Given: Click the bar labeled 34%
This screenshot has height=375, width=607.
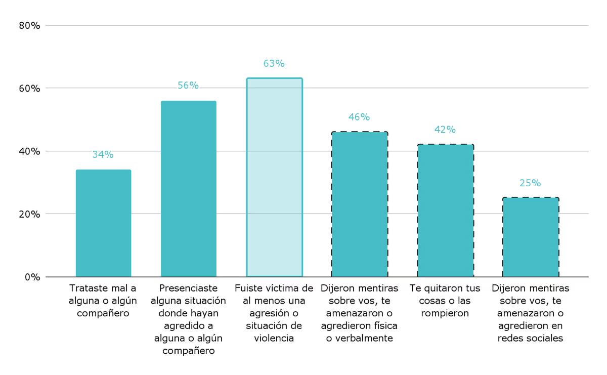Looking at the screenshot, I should click(x=103, y=223).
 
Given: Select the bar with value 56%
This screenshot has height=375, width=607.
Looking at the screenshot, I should click(x=189, y=189).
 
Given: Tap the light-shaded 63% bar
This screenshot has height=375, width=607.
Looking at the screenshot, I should click(x=274, y=178).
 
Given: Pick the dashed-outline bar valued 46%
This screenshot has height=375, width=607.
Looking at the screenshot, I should click(x=360, y=204).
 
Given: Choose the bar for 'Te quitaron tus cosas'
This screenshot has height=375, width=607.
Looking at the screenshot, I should click(x=445, y=211).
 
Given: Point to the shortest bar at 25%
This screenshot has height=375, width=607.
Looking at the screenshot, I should click(x=531, y=237).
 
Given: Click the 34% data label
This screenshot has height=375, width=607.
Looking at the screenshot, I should click(x=103, y=155).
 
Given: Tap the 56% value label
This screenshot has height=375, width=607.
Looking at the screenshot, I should click(x=188, y=86).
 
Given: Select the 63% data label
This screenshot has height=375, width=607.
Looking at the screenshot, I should click(x=274, y=64).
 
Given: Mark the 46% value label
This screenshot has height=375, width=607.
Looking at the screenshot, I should click(x=359, y=117).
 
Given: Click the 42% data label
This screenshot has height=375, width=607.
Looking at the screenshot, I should click(x=445, y=130).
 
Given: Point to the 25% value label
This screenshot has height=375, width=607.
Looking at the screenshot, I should click(x=530, y=183).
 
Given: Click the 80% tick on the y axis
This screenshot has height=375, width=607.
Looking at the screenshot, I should click(x=29, y=25).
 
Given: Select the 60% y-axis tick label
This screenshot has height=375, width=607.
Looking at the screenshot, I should click(x=29, y=88).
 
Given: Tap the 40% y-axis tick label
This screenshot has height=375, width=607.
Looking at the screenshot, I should click(x=29, y=151).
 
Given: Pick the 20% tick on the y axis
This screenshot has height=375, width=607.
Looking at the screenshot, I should click(x=29, y=214).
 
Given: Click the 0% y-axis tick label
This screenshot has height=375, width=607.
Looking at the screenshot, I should click(x=32, y=277).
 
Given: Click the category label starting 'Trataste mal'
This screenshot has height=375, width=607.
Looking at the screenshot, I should click(x=103, y=301).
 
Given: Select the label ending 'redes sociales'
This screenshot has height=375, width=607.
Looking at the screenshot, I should click(x=531, y=313).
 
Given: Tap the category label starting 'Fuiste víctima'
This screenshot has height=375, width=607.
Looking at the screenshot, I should click(x=274, y=313).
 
